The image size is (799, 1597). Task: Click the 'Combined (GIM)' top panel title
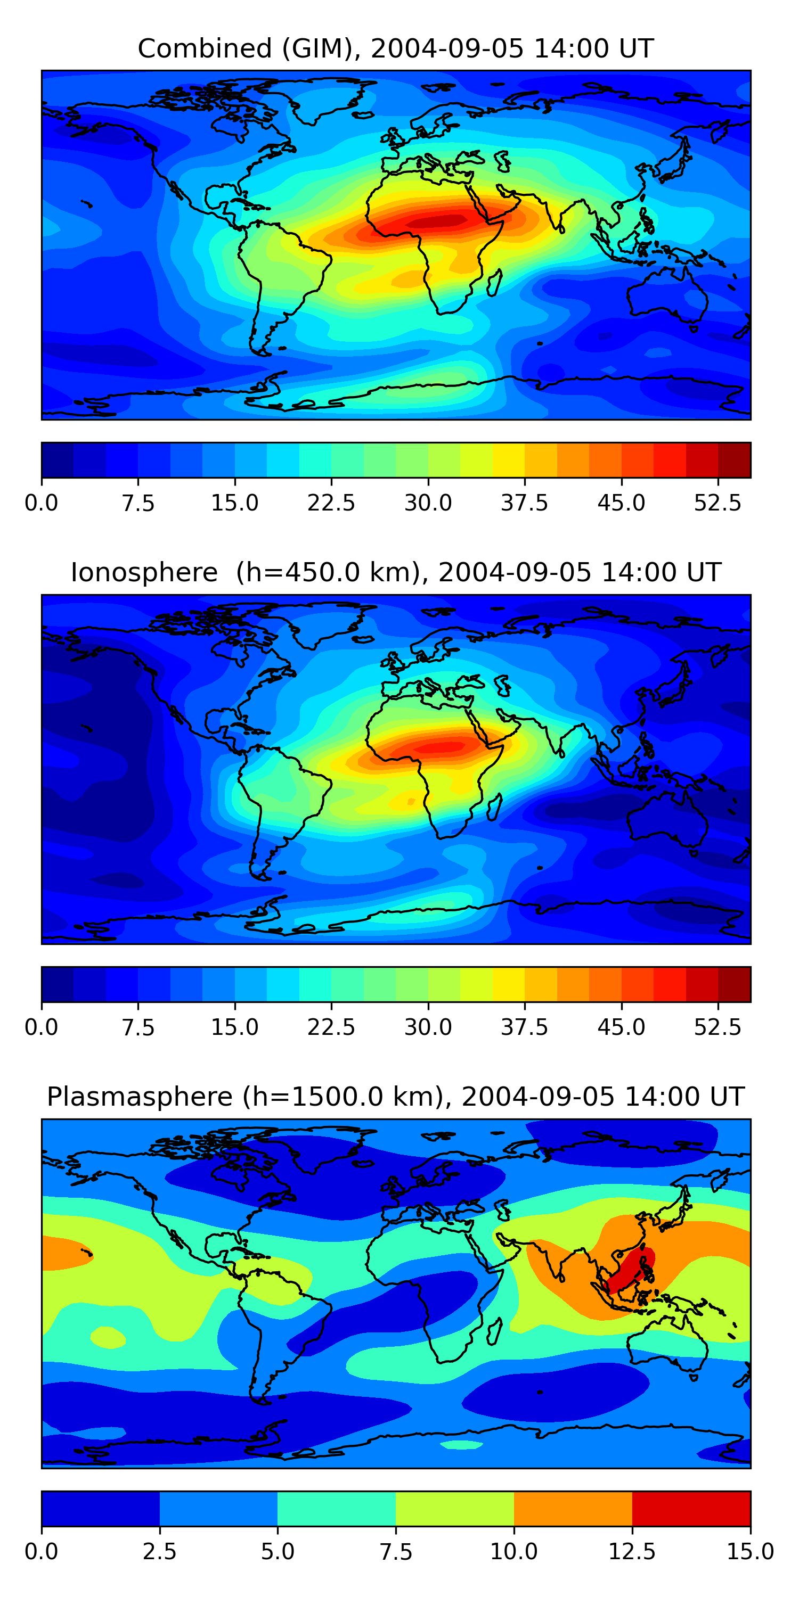pos(396,48)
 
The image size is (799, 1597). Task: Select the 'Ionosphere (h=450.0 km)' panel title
pos(396,572)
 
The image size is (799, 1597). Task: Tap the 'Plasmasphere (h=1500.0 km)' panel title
pos(396,1097)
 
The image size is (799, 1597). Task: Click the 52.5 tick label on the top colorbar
pos(718,503)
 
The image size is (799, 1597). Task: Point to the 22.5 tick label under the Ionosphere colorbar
pos(331,1027)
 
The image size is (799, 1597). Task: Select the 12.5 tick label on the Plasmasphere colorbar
pos(632,1552)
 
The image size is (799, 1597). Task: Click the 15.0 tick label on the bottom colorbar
pos(750,1552)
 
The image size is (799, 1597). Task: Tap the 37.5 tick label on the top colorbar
pos(525,503)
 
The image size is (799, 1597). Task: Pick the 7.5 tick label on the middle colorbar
pos(138,1027)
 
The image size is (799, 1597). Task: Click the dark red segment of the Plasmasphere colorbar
pos(691,1508)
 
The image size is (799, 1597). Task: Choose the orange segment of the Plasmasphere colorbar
pos(573,1508)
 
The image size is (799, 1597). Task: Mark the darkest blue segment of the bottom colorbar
pos(101,1508)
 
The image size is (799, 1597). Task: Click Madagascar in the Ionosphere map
pos(494,806)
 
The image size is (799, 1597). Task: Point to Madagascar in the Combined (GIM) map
pos(494,283)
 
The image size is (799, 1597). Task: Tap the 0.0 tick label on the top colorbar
pos(42,503)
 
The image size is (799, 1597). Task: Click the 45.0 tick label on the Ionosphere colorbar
pos(622,1027)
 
